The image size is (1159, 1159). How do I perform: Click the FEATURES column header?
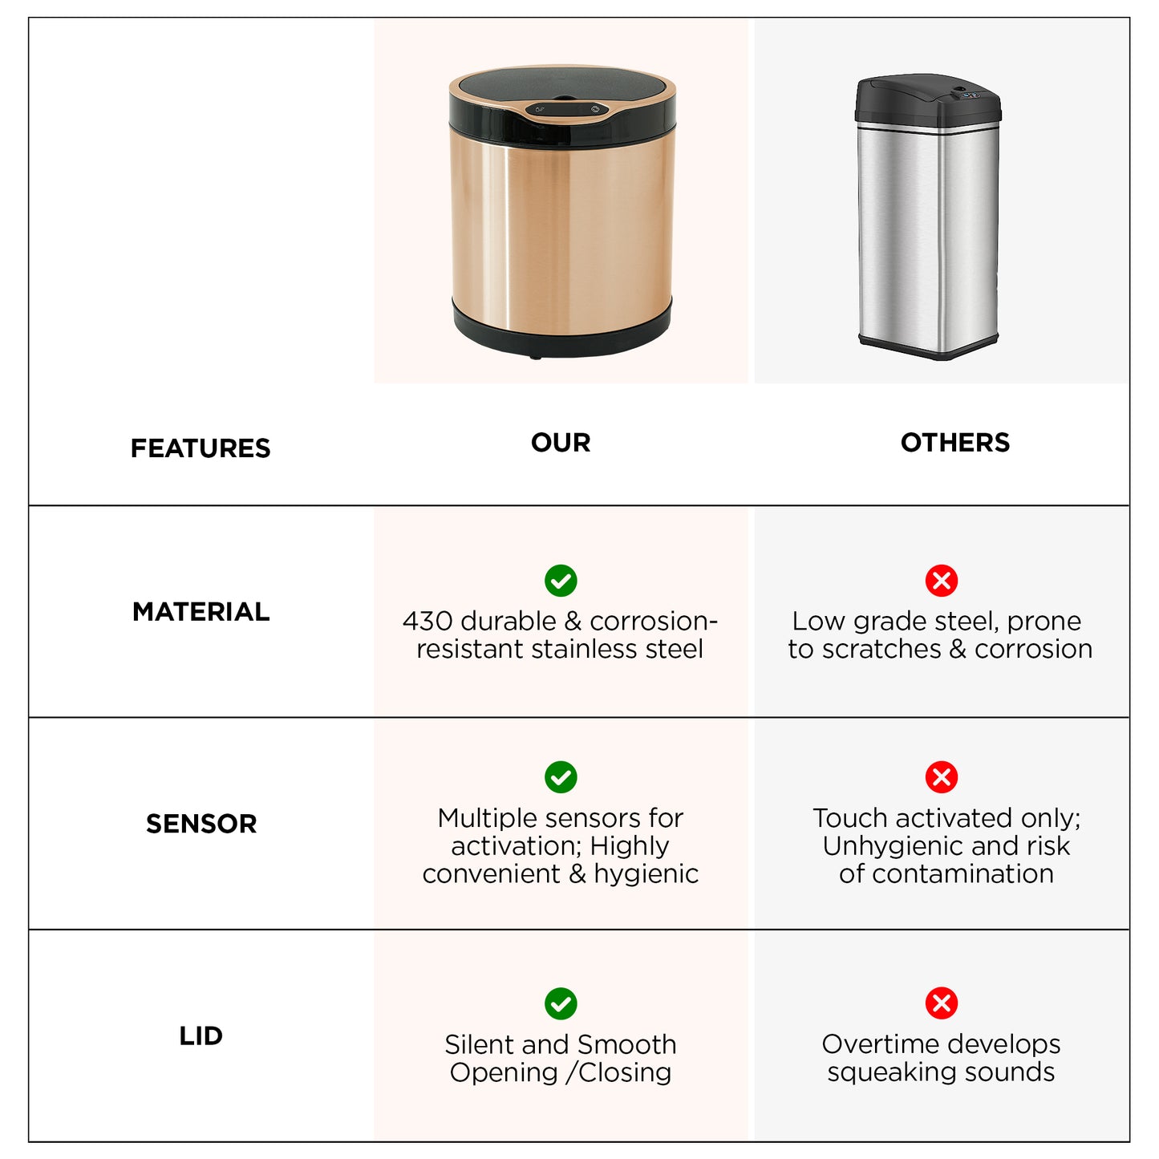[x=201, y=448]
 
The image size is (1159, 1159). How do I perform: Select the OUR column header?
[x=561, y=442]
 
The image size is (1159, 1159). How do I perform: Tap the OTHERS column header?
[x=955, y=442]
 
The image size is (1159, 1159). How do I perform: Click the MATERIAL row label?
[x=201, y=612]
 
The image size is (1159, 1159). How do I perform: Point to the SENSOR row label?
[x=201, y=824]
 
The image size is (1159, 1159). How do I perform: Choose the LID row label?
[x=201, y=1035]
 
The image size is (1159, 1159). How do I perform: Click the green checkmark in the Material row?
[x=561, y=581]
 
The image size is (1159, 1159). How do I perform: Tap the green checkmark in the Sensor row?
[x=561, y=777]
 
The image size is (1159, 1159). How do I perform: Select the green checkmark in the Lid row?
[x=561, y=1003]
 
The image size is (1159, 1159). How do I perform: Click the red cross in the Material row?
[x=942, y=581]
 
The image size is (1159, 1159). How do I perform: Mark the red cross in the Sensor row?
[x=942, y=777]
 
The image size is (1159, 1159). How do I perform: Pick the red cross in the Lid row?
[x=942, y=1003]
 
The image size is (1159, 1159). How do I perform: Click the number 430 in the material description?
[x=428, y=622]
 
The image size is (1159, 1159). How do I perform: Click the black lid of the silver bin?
[x=927, y=100]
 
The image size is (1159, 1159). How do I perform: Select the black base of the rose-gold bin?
[x=561, y=330]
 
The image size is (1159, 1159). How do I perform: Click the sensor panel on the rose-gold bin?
[x=566, y=110]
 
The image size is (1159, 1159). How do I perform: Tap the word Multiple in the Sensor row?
[x=480, y=819]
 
